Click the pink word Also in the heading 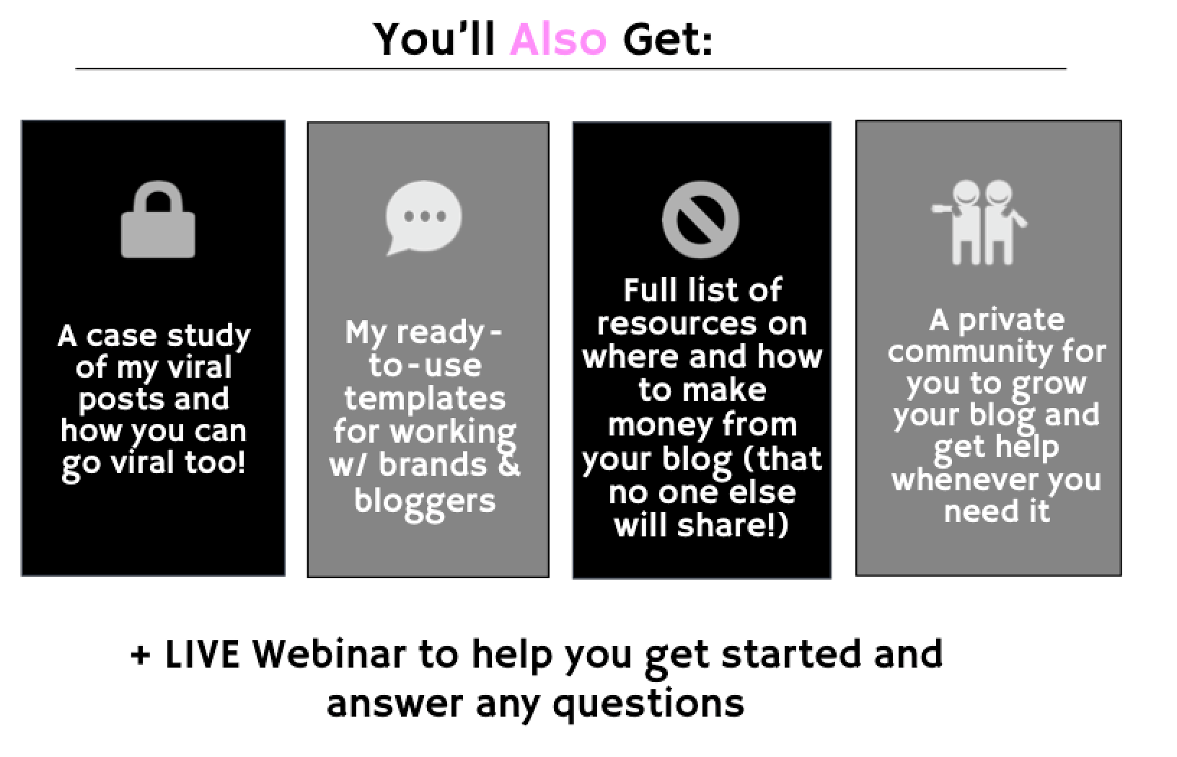[558, 40]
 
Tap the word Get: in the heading [667, 40]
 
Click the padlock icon [158, 220]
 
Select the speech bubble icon [423, 218]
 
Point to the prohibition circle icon [700, 220]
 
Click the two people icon [979, 222]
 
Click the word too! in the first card [215, 461]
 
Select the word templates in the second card [425, 398]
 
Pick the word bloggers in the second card [425, 503]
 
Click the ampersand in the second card [508, 464]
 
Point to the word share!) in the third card [733, 526]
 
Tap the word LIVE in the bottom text [203, 655]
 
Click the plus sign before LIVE [141, 655]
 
